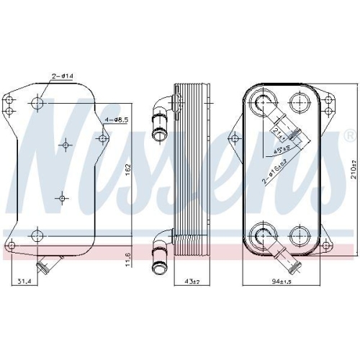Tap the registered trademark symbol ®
point(349,136)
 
